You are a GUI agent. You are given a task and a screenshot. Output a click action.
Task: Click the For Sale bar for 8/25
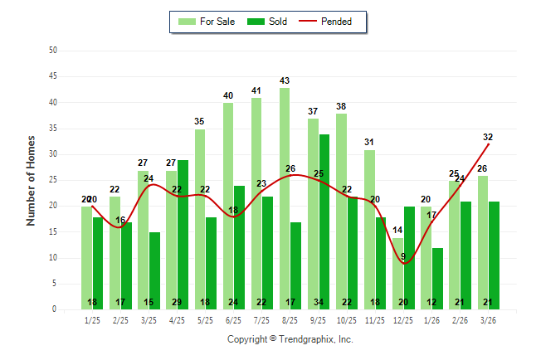(285, 199)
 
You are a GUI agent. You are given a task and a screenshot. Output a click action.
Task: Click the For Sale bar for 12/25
(397, 274)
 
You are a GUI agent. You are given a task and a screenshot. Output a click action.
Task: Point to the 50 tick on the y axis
(53, 51)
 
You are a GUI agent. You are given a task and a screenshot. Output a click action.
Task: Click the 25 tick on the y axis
(53, 180)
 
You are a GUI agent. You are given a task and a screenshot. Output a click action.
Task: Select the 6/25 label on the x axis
(233, 319)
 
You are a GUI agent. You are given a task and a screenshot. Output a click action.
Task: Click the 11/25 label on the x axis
(374, 319)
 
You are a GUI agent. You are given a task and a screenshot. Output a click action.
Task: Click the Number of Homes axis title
(31, 180)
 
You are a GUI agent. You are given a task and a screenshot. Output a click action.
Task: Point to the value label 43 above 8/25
(285, 80)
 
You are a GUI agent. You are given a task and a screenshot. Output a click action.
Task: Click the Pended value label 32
(488, 137)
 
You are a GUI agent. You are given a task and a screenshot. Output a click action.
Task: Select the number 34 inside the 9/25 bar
(324, 302)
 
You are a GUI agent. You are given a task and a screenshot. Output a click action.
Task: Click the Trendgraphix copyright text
(290, 339)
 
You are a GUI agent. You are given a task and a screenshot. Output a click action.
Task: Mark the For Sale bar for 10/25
(341, 212)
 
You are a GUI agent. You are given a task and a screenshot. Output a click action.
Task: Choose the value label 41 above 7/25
(256, 91)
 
